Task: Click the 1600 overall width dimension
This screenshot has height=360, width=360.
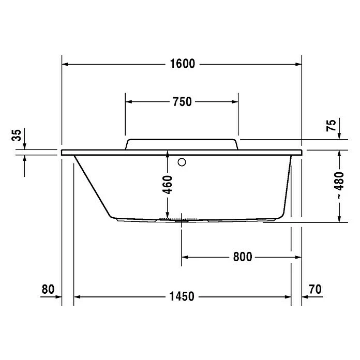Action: (182, 64)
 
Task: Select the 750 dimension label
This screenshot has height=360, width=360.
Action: (182, 102)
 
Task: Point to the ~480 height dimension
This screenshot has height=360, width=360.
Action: (339, 186)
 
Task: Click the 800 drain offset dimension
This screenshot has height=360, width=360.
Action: (242, 257)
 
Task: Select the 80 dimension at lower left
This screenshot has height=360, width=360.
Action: (48, 289)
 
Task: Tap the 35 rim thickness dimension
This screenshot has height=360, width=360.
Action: (17, 136)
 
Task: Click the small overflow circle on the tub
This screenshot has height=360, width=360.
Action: (182, 162)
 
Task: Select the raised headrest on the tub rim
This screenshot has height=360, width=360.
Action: (182, 144)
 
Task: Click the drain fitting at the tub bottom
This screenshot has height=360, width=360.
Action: (181, 219)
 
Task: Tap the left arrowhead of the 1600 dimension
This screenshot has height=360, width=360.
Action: (66, 64)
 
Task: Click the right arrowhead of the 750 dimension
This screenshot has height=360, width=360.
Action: (235, 102)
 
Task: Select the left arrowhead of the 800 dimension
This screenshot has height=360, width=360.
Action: (185, 257)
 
